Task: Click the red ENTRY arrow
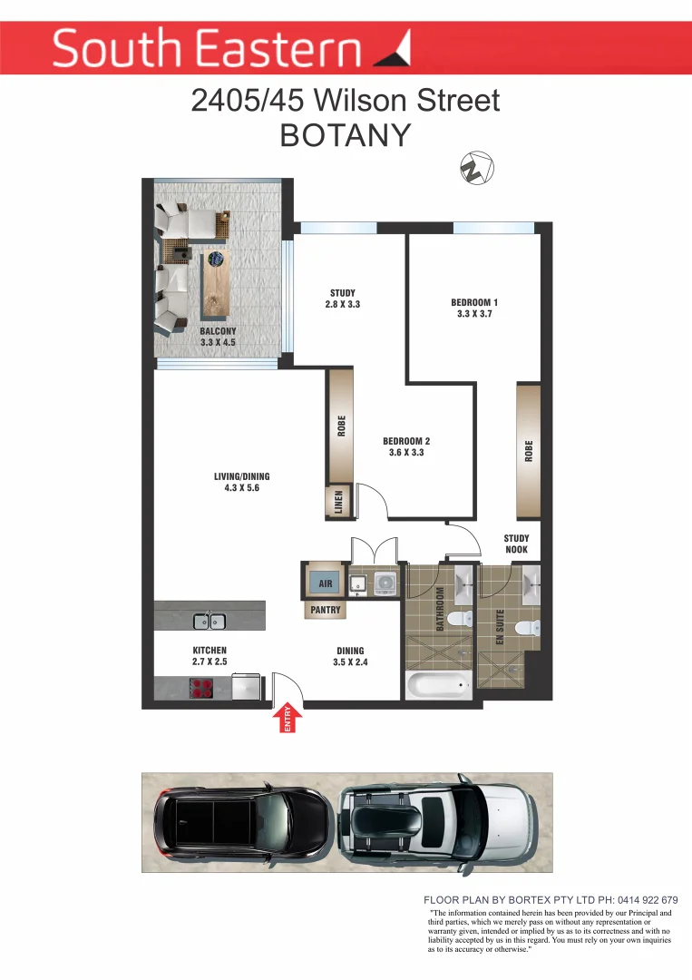289,719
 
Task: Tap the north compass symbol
474,168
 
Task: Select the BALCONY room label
218,337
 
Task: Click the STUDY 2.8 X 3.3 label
343,299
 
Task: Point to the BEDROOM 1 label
474,308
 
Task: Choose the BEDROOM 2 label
406,446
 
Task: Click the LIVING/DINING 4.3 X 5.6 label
241,482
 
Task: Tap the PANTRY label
326,611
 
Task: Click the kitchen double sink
210,622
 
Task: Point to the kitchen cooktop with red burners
201,688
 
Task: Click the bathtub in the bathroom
438,685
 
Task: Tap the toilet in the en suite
527,627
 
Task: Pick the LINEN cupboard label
339,504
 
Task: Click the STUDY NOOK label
516,544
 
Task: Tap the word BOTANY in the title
346,134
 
